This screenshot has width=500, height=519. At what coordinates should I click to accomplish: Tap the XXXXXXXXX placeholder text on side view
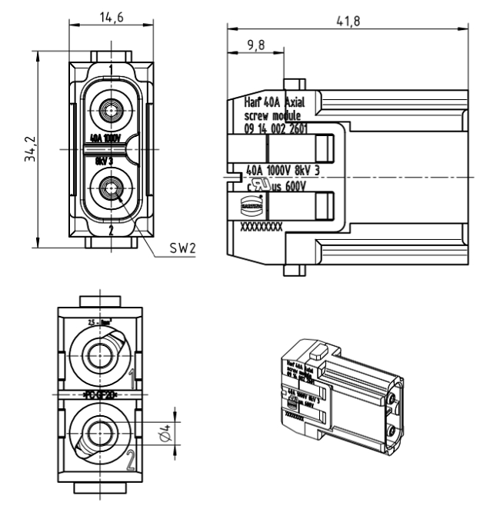click(x=262, y=228)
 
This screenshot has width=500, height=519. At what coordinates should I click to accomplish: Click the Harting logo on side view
click(x=252, y=206)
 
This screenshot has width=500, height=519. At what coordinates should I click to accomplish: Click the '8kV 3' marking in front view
click(x=105, y=161)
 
